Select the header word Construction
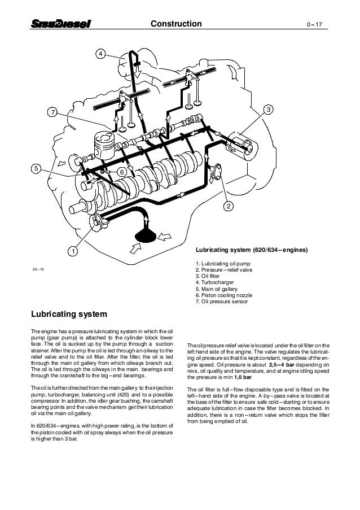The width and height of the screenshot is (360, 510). point(176,24)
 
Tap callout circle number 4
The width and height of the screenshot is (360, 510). point(100,54)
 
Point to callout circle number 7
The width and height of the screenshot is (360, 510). point(52,114)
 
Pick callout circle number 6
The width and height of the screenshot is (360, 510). point(121,171)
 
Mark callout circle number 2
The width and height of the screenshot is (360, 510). point(229,206)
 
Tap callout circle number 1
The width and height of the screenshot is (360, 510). point(73,250)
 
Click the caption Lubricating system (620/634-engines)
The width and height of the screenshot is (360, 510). point(251,249)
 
